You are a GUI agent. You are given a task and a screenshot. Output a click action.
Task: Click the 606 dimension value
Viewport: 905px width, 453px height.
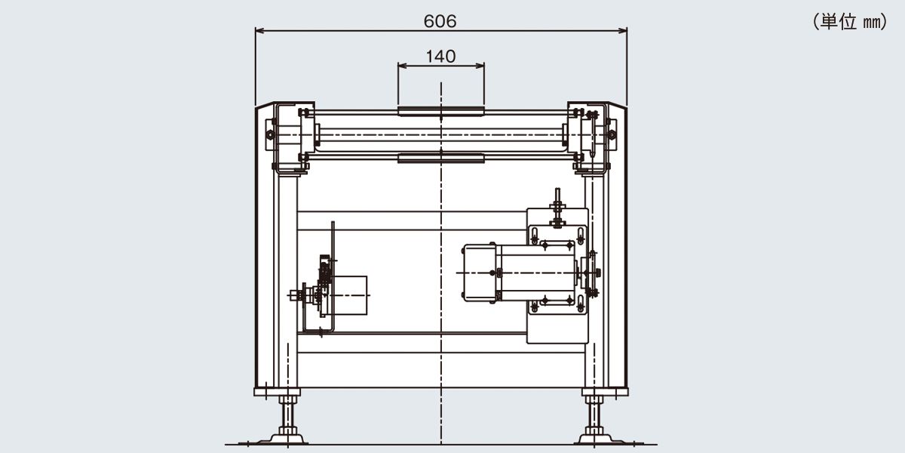[x=440, y=21]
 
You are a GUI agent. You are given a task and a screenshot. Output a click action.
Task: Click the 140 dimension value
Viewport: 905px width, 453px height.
[x=440, y=56]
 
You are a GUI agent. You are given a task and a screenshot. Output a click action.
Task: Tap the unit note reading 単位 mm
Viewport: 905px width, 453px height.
[x=850, y=21]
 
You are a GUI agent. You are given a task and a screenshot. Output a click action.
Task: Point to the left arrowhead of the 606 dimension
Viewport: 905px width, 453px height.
[x=259, y=30]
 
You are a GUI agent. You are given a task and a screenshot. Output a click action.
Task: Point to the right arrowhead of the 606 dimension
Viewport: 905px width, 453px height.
[x=623, y=30]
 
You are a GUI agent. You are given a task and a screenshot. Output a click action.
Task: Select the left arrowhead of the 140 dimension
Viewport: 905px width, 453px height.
[x=402, y=66]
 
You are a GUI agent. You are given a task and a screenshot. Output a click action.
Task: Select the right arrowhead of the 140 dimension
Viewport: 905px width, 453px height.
[x=480, y=66]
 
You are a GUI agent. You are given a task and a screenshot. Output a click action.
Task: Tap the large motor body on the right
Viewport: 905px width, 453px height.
[x=535, y=273]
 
